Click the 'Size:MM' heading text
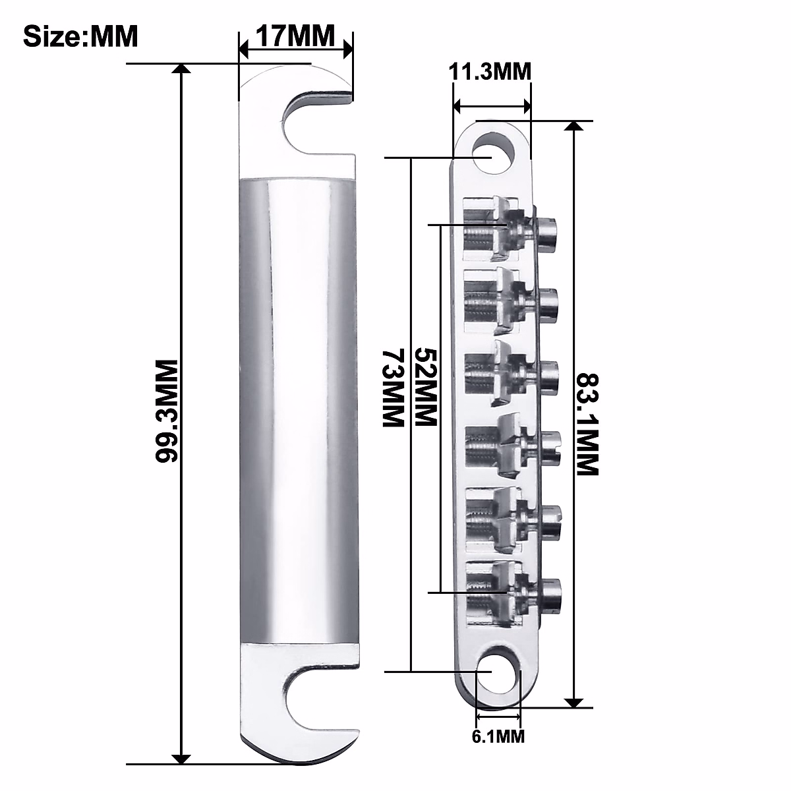[x=80, y=37]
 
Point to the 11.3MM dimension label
[x=490, y=71]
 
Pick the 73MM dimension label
[x=393, y=389]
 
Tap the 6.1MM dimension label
[x=498, y=736]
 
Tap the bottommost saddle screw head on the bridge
[x=551, y=591]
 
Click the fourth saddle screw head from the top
[x=550, y=446]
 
